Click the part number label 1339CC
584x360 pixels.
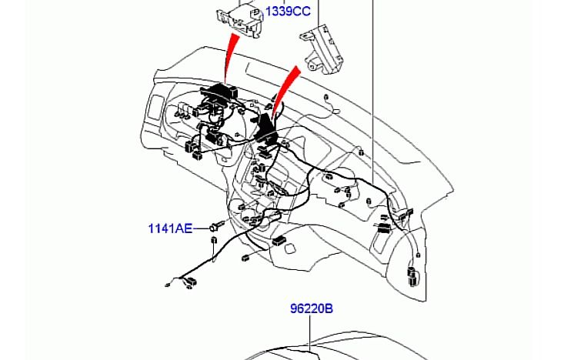coord(288,12)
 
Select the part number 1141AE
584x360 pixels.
coord(170,228)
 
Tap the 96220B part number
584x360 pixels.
coord(312,308)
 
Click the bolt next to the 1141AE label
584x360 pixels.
coord(217,225)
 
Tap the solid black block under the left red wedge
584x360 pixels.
coord(219,92)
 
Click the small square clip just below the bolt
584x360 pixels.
coord(214,239)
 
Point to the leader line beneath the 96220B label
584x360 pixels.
coord(309,333)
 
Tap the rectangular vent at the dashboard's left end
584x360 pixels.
coord(154,108)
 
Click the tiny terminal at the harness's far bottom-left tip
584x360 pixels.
coord(167,285)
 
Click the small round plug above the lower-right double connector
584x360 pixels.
coord(418,255)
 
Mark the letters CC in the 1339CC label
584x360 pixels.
coord(302,12)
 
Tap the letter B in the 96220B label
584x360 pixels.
coord(329,308)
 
